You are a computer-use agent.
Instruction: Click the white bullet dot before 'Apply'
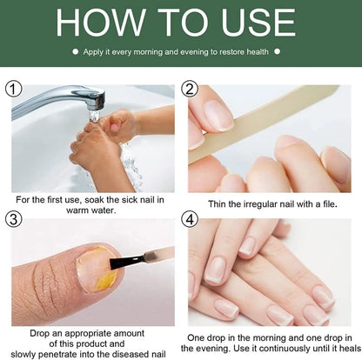(76, 52)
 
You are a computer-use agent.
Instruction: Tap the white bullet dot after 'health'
(277, 52)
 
